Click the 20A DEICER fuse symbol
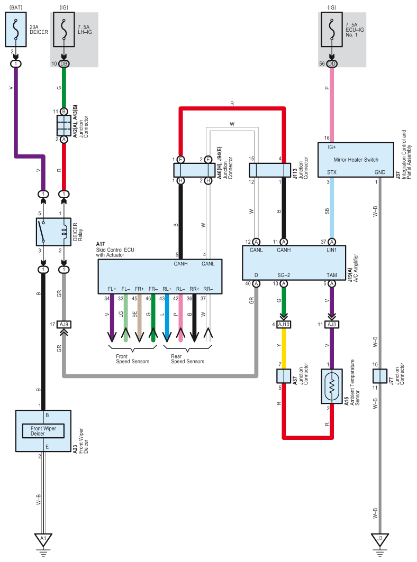point(16,30)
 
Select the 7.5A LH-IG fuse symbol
point(64,30)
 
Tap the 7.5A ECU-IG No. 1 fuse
point(332,30)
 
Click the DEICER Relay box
point(53,232)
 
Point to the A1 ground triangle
point(43,539)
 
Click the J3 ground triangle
point(379,539)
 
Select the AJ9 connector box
point(64,325)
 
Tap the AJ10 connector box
point(284,325)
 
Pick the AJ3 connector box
point(332,325)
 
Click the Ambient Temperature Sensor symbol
point(332,386)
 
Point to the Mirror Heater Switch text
point(356,160)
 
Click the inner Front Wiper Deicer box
point(43,431)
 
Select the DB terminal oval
point(64,64)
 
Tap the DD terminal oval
point(332,64)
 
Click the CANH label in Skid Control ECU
point(180,264)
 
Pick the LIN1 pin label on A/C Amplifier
point(332,250)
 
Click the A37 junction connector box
point(284,376)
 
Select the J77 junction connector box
point(379,376)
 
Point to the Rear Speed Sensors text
point(187,359)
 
